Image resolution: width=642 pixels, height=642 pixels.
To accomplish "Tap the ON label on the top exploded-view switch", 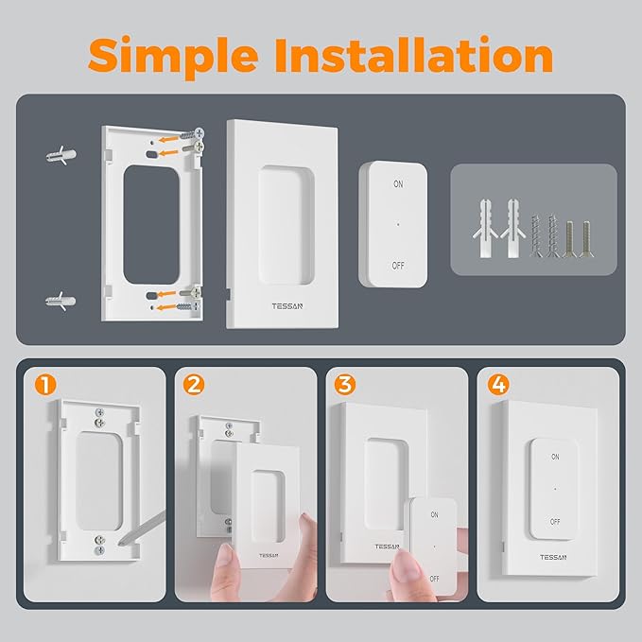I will click(x=398, y=183).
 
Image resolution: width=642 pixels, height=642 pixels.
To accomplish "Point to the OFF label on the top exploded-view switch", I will click(x=398, y=266).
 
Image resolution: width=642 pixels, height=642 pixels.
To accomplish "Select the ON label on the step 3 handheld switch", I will click(x=434, y=515).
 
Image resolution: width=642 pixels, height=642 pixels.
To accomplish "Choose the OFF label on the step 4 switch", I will click(x=554, y=521).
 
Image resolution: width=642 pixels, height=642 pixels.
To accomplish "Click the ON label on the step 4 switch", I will click(x=554, y=457).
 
